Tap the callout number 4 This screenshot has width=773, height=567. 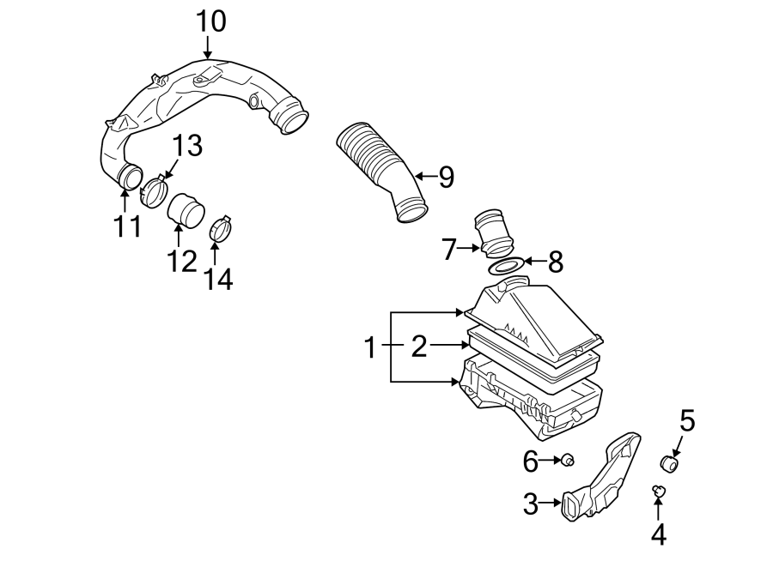pos(658,534)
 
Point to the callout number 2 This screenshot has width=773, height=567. pos(418,347)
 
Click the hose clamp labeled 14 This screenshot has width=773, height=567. pos(222,229)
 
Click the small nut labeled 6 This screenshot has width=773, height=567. pos(568,462)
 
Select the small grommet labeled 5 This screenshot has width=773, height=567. pos(669,465)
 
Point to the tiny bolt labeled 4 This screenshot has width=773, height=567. pos(658,491)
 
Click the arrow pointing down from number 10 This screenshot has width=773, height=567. pos(208,50)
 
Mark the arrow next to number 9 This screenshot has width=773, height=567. pos(421,176)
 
